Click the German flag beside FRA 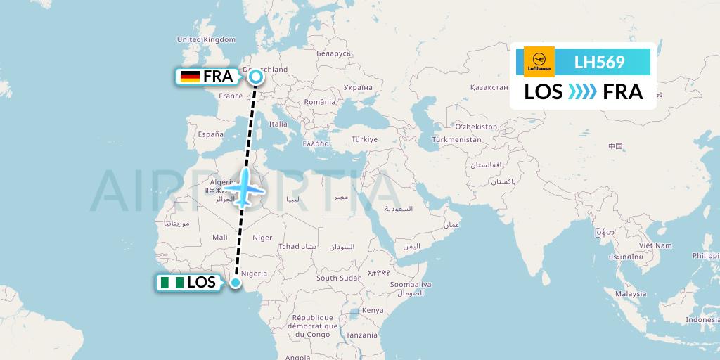click(190, 77)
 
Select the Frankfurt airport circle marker click(255, 77)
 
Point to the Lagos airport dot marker click(236, 283)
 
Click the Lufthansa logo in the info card click(539, 61)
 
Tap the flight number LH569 click(599, 62)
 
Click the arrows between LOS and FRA click(583, 92)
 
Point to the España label click(210, 134)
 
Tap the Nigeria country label click(254, 273)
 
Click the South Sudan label click(339, 278)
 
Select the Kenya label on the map click(372, 310)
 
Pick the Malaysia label click(630, 293)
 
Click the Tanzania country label click(361, 335)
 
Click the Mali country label click(220, 238)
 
